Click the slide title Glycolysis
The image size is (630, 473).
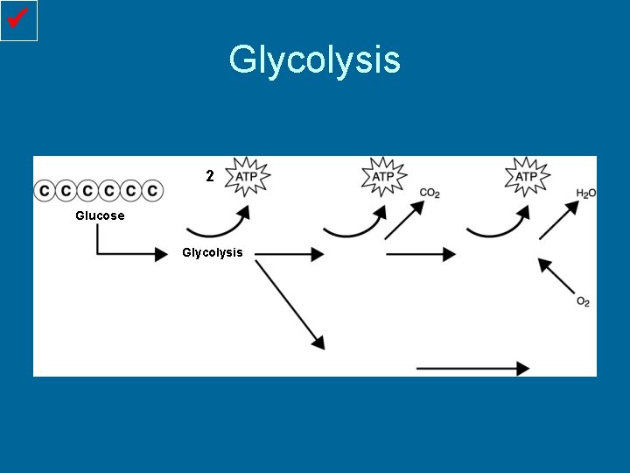coord(314,60)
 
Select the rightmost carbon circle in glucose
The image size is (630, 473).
coord(152,190)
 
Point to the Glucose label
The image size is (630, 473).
coord(100,215)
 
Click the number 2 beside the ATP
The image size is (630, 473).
coord(209,176)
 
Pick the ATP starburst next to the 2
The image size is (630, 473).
coord(248,177)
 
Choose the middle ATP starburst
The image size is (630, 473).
coord(384,177)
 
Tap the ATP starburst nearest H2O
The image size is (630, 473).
coord(527,177)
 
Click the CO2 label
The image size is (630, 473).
coord(430,193)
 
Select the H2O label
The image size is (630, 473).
coord(586,193)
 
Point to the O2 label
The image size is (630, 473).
coord(583,302)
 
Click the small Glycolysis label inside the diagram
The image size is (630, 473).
coord(212,253)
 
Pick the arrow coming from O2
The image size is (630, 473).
coord(556,275)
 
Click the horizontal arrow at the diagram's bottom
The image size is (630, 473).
coord(472,369)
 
